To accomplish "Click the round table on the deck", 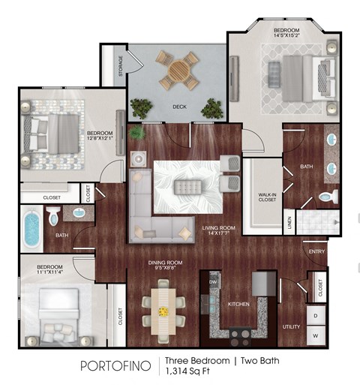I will tap(178, 71).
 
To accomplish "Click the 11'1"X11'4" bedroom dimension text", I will tap(49, 273).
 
